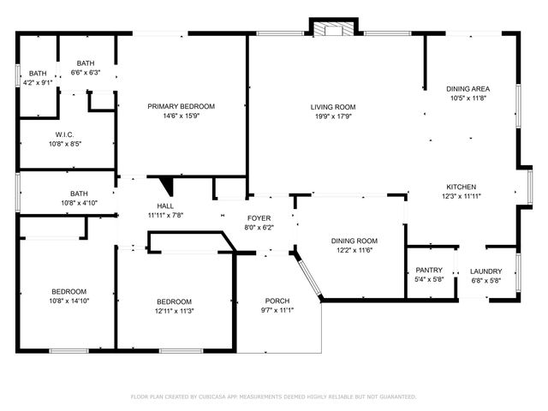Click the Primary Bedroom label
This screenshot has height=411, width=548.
click(181, 106)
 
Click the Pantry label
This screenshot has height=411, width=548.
click(428, 271)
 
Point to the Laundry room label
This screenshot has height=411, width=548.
click(486, 271)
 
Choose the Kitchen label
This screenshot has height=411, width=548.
click(462, 187)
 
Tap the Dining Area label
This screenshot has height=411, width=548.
click(468, 89)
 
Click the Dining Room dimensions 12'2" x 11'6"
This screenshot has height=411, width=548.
click(354, 251)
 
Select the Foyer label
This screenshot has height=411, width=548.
click(259, 218)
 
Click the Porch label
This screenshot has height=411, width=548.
click(277, 301)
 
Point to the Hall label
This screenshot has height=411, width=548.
click(165, 206)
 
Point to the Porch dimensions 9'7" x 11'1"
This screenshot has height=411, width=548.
click(277, 310)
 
